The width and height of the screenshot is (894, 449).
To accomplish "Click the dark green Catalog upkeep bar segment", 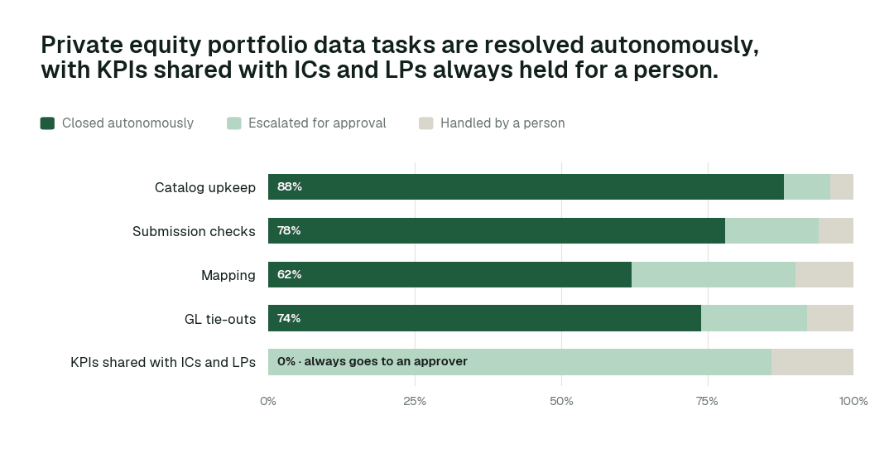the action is pyautogui.click(x=526, y=186).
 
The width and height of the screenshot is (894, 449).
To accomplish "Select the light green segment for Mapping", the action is pyautogui.click(x=714, y=274).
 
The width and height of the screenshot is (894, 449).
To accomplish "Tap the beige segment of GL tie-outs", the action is pyautogui.click(x=830, y=318).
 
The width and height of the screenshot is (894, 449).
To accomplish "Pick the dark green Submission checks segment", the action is pyautogui.click(x=497, y=230).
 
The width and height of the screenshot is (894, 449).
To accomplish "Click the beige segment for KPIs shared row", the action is pyautogui.click(x=813, y=362).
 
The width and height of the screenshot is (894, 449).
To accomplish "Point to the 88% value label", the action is pyautogui.click(x=290, y=186).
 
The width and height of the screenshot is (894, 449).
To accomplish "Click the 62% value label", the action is pyautogui.click(x=290, y=274).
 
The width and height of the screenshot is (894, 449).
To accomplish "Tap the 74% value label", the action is pyautogui.click(x=289, y=318).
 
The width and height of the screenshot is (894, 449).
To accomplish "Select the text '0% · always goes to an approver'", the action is pyautogui.click(x=372, y=362).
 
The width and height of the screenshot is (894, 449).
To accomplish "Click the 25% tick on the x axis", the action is pyautogui.click(x=415, y=401).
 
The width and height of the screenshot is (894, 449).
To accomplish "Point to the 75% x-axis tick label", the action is pyautogui.click(x=708, y=401).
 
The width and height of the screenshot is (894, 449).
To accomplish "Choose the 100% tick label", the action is pyautogui.click(x=853, y=401).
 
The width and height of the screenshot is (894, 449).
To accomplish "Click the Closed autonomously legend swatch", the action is pyautogui.click(x=47, y=123).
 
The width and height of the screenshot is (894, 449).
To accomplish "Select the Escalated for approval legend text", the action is pyautogui.click(x=317, y=123).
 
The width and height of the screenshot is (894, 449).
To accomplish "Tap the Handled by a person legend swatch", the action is pyautogui.click(x=426, y=123).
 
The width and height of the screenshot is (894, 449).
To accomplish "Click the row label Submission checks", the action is pyautogui.click(x=194, y=231).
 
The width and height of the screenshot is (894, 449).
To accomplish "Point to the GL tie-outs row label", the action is pyautogui.click(x=220, y=319).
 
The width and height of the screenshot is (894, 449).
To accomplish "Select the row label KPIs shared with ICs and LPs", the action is pyautogui.click(x=163, y=362).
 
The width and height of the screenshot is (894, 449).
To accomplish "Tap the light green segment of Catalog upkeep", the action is pyautogui.click(x=807, y=186).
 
